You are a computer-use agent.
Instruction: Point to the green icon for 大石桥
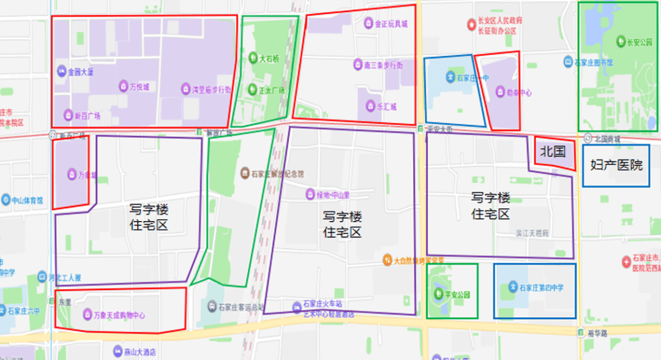click(253, 59)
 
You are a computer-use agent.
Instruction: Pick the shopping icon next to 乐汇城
click(369, 106)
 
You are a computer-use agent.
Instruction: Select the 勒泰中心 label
click(518, 93)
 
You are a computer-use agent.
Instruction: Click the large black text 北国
click(553, 151)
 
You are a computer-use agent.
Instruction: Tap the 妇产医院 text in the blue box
click(616, 165)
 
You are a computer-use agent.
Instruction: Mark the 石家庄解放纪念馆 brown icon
click(245, 173)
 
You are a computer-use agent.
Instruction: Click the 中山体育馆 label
click(26, 200)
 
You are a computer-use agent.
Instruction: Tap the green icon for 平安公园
click(438, 294)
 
